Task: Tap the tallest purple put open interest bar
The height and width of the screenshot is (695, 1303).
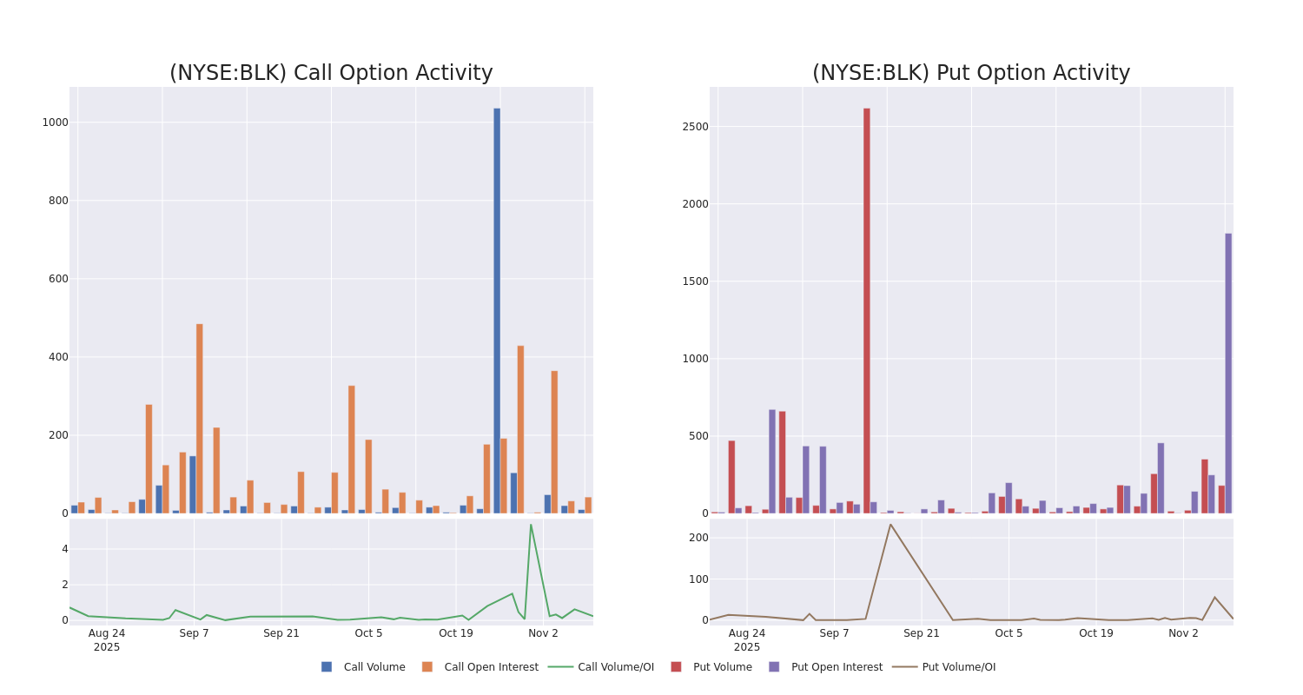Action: click(1228, 373)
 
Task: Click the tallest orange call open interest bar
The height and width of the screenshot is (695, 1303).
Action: click(199, 418)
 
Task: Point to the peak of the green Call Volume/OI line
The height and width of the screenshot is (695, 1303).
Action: click(531, 525)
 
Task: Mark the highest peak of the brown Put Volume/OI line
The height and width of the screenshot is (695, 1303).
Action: click(890, 525)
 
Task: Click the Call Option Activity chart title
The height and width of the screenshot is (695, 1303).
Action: click(331, 73)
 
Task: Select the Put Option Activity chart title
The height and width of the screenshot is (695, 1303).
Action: click(970, 73)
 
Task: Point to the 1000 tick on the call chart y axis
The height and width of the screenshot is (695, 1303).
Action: click(55, 122)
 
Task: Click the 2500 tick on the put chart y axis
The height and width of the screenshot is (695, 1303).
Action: click(696, 127)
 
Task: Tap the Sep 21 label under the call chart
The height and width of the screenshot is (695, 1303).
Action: click(281, 633)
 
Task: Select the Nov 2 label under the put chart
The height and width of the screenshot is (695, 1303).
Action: click(1183, 633)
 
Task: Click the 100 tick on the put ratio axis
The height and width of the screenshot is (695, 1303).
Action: click(698, 579)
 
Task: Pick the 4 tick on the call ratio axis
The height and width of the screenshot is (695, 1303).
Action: click(64, 549)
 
